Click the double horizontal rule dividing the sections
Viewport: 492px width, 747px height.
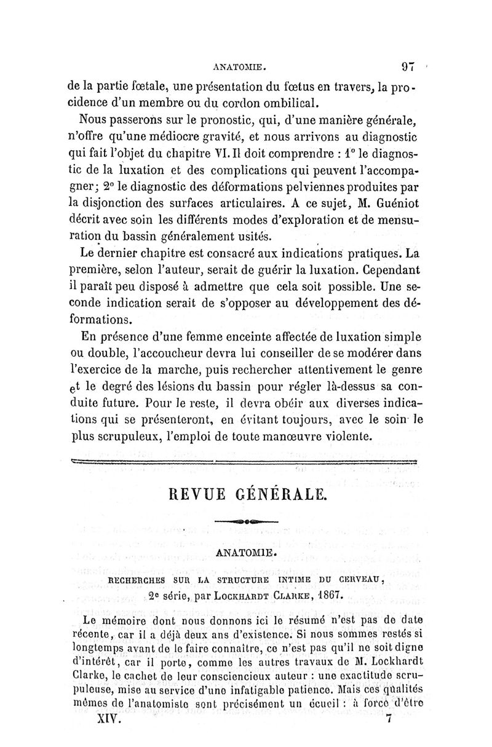tap(245, 462)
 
